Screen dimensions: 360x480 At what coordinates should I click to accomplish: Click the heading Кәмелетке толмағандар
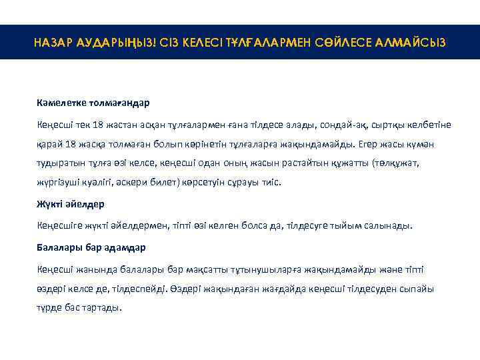pos(93,103)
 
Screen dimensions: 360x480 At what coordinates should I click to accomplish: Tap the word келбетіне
pos(425,125)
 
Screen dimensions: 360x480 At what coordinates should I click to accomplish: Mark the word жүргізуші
pos(59,181)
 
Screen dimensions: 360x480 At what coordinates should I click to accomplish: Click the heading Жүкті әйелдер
pos(71,203)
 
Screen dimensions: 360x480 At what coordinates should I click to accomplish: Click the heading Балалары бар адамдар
pos(91,247)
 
